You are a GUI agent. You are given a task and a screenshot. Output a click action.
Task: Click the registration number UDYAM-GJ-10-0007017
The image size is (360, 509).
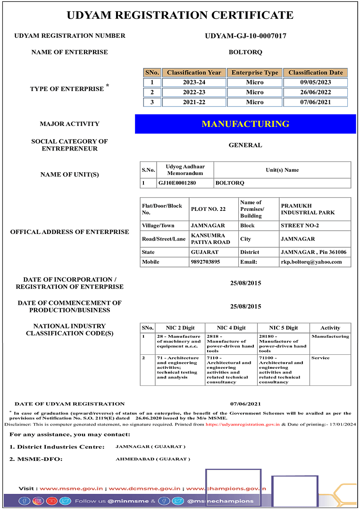coord(245,36)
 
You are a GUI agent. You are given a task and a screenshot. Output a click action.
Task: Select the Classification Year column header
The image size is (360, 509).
coord(194,73)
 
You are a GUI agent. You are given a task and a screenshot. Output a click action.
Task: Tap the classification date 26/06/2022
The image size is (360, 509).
coord(316,92)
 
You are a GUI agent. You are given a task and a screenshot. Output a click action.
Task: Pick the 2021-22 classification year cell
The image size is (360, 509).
coord(194,102)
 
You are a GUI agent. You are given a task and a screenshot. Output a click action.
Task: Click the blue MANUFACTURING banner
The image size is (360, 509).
coord(245,124)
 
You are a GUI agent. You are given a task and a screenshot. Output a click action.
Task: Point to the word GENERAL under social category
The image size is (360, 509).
coord(245,145)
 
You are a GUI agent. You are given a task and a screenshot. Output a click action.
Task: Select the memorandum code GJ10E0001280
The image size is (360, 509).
coord(176,183)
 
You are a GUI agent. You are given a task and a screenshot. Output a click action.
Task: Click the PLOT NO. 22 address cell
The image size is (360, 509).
coord(209,209)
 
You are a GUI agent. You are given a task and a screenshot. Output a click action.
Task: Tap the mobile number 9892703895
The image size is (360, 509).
coord(206,262)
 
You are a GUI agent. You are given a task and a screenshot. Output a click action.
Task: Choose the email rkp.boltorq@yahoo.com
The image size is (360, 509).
coord(311,262)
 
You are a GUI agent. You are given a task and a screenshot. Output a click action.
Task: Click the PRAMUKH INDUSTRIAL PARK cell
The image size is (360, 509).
coord(308,209)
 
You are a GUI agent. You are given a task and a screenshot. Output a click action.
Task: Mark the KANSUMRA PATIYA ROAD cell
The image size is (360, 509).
coord(210,239)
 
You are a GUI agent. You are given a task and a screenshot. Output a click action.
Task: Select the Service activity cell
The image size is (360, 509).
coord(320,358)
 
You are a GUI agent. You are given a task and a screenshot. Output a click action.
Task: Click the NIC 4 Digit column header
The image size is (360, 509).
coord(231,328)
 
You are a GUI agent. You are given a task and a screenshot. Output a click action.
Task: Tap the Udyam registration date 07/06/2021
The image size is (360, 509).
coord(245,404)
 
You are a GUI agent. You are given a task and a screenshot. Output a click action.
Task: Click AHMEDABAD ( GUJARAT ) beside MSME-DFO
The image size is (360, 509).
coord(153,459)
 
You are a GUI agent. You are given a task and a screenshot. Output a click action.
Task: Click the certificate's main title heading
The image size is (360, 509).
coord(180,16)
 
